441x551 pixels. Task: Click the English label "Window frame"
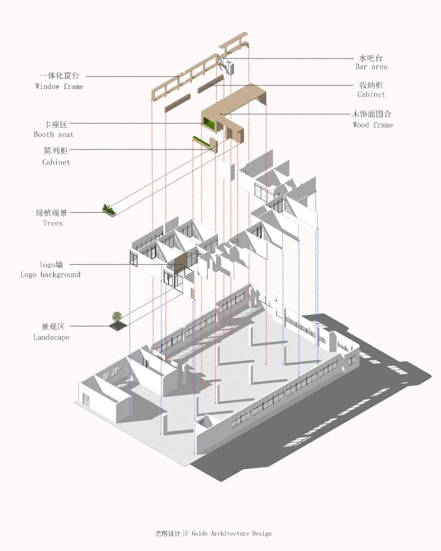pos(59,87)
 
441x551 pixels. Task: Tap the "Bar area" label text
pos(371,67)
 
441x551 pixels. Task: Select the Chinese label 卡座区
pos(56,124)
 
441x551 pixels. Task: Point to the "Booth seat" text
pos(53,135)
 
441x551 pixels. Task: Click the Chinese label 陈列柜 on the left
pos(56,151)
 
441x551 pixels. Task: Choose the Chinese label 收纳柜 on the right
pos(371,85)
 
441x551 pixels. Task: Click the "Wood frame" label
pos(372,125)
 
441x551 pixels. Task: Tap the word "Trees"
pos(53,223)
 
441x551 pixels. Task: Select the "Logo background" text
pos(50,275)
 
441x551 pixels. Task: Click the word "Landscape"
pos(51,338)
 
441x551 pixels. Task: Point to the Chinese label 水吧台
pos(370,58)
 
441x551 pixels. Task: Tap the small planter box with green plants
pos(109,210)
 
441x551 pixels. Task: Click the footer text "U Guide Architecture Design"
pos(228,533)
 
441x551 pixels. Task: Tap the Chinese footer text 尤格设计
pos(167,533)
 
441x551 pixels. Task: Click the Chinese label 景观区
pos(53,327)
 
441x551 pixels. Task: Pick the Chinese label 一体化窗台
pos(59,76)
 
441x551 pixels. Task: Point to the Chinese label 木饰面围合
pos(372,114)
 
